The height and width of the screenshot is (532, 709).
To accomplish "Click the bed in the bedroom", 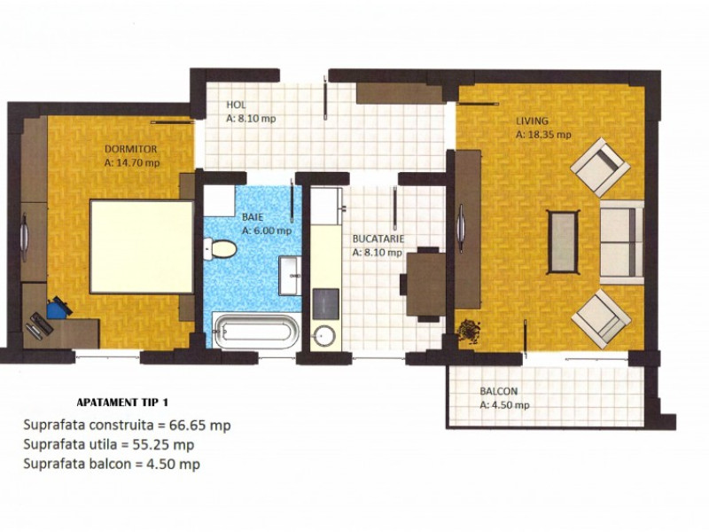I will (142, 246).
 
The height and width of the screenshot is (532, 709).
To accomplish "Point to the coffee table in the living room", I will (564, 242).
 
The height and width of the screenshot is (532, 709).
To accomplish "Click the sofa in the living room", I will (621, 241).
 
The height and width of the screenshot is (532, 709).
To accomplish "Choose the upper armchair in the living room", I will (601, 166).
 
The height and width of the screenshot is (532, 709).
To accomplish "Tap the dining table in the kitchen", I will (425, 284).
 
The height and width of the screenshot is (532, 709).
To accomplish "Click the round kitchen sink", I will (324, 336).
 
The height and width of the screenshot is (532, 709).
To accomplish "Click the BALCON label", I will (499, 392).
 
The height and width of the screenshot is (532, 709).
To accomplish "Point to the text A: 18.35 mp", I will (543, 136).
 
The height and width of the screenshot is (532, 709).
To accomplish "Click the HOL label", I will (235, 105).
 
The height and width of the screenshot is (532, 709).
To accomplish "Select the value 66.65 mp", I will (199, 425).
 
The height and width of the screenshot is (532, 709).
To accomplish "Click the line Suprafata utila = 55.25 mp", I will (109, 444).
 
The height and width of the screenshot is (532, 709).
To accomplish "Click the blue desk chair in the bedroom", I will (58, 308).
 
